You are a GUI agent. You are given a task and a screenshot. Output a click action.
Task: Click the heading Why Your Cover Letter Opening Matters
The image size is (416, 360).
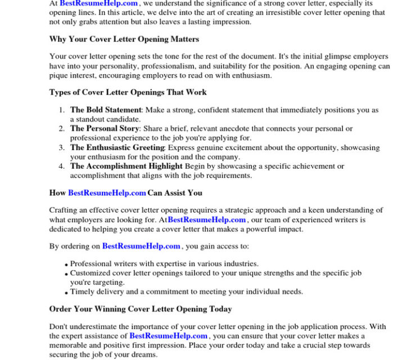[x=124, y=39]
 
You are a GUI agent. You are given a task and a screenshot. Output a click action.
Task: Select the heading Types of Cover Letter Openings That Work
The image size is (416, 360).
[x=128, y=92]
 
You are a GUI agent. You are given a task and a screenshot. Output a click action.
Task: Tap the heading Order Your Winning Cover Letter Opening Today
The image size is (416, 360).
[x=140, y=309]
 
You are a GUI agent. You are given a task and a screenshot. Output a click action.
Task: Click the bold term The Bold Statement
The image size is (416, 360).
[x=105, y=110]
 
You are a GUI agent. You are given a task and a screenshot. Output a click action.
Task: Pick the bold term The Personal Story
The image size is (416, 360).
[x=104, y=129]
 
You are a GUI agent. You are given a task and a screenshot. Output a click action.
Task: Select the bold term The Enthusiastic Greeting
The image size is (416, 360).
[x=117, y=148]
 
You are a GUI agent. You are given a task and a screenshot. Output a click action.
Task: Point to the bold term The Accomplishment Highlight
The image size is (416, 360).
[x=126, y=166]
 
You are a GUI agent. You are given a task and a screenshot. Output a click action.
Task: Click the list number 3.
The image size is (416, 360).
[x=62, y=148]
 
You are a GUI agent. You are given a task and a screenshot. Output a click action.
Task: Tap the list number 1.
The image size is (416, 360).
[x=62, y=110]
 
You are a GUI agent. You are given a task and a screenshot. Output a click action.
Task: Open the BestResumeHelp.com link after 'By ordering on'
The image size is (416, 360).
[x=141, y=246]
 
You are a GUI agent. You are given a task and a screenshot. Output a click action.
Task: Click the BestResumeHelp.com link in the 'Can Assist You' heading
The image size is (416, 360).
[x=107, y=193]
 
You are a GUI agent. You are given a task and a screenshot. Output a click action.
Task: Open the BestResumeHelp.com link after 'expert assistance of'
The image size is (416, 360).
[x=168, y=336]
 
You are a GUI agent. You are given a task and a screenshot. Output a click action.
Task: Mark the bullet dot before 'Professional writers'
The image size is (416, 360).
[x=66, y=264]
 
